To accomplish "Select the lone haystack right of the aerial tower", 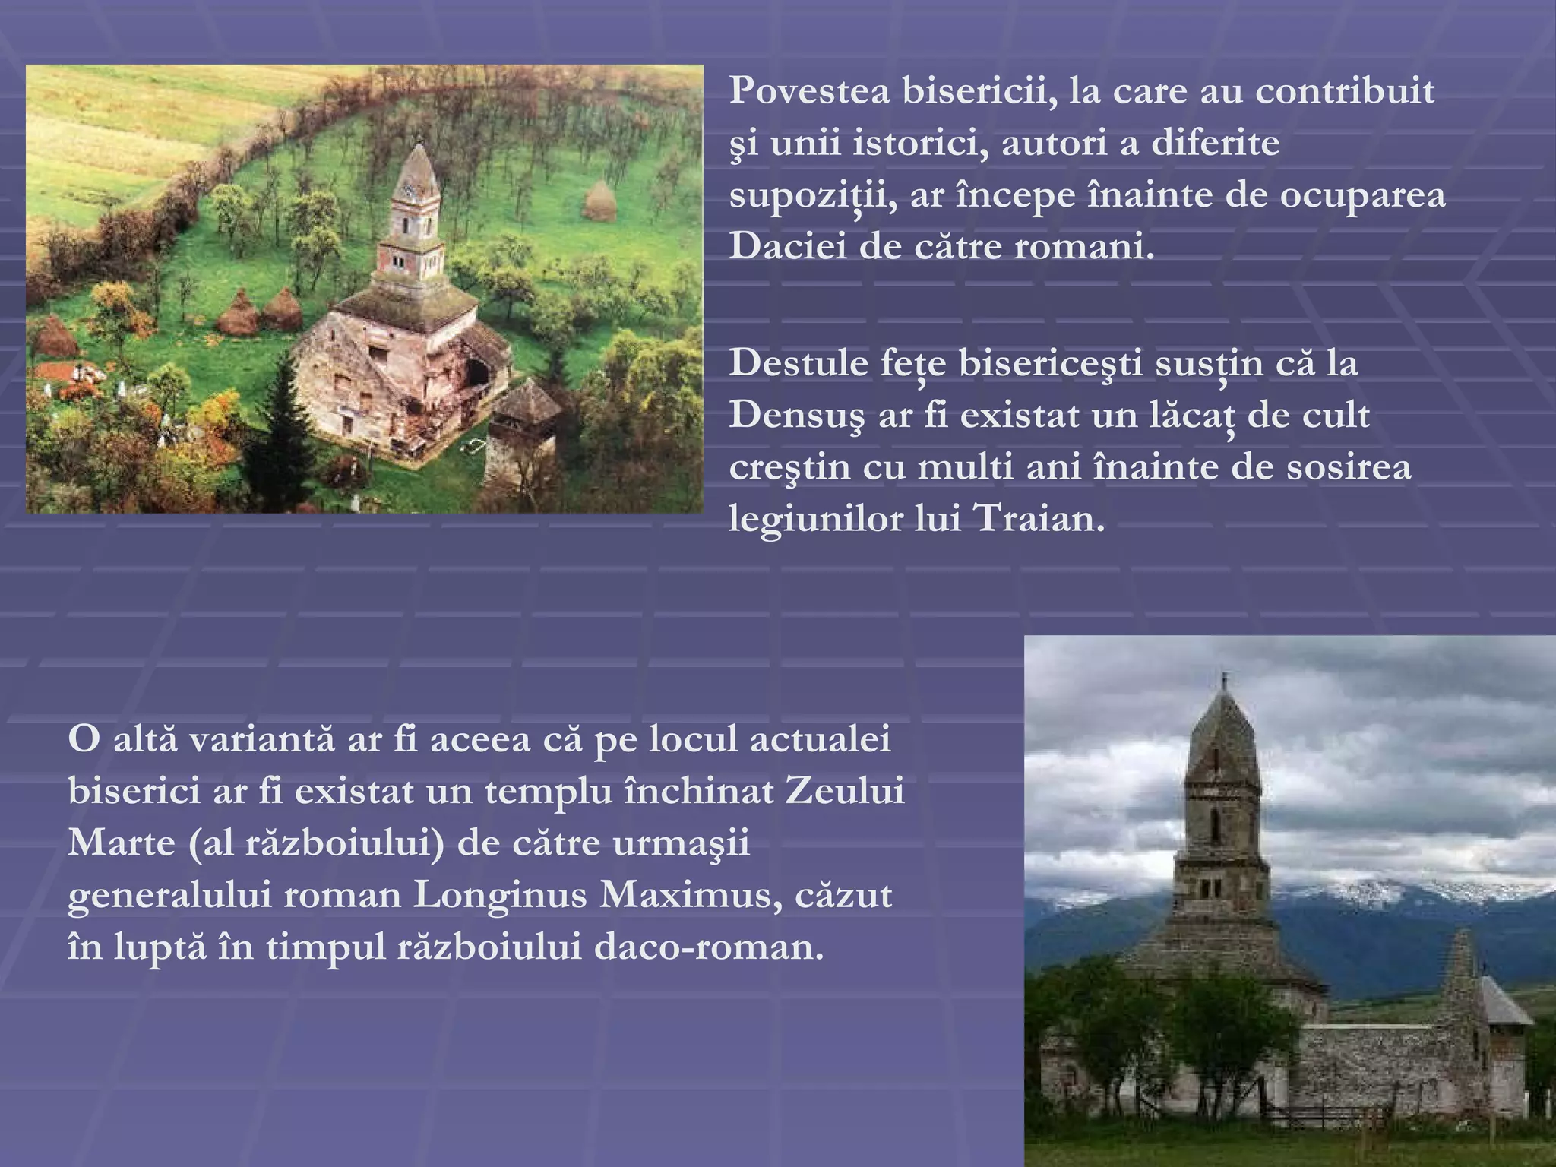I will pos(599,201).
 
